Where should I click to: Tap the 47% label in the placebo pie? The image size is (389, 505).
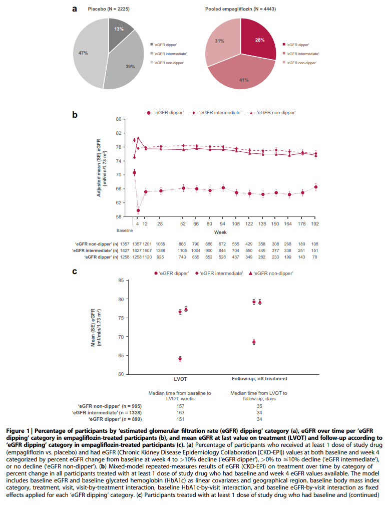83,52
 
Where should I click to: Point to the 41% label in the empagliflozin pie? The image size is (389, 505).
244,80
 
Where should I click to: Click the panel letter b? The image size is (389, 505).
75,114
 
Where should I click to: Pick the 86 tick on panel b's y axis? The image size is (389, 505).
119,119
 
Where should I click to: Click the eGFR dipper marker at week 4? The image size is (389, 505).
138,210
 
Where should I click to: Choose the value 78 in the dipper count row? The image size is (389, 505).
315,257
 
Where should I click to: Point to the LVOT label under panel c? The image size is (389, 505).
180,379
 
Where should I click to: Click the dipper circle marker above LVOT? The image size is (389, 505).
180,359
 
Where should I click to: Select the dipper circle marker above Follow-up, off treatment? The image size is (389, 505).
254,342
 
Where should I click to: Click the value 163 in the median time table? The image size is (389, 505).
180,411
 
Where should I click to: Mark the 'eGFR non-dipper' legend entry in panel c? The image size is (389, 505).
273,273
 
